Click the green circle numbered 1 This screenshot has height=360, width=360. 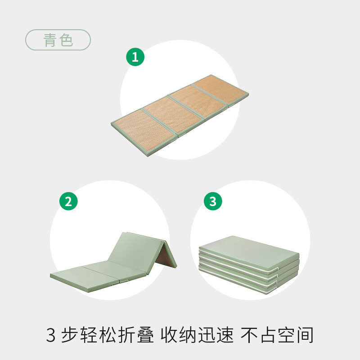[x=135, y=57]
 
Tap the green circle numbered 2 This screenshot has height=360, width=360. [x=68, y=201]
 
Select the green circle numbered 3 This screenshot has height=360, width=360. [x=213, y=201]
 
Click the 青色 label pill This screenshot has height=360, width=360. [x=58, y=40]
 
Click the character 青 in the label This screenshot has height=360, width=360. [x=50, y=40]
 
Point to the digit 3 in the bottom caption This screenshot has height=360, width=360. [x=51, y=335]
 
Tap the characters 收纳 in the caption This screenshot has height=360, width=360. [x=186, y=335]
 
